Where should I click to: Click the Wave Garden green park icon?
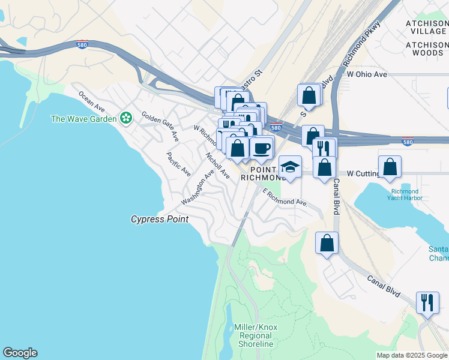pyautogui.click(x=126, y=118)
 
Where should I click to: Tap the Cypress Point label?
pyautogui.click(x=160, y=220)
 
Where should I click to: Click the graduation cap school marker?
pyautogui.click(x=290, y=167)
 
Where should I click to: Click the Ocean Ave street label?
pyautogui.click(x=92, y=101)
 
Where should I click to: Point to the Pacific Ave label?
pyautogui.click(x=179, y=164)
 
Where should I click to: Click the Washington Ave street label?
pyautogui.click(x=197, y=186)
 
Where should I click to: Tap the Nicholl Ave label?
pyautogui.click(x=217, y=165)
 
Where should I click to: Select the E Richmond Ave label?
pyautogui.click(x=285, y=198)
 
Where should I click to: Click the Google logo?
pyautogui.click(x=20, y=353)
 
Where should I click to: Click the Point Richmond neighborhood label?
pyautogui.click(x=262, y=174)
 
